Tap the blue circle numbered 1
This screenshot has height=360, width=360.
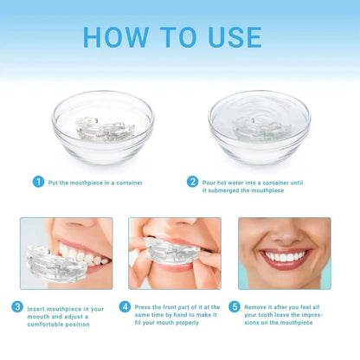coord(38,182)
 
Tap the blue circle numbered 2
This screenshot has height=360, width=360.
coord(192,182)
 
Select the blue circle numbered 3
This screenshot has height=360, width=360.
coord(17,305)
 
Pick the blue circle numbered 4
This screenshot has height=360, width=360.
coord(125,305)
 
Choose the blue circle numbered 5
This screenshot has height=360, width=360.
coord(235,305)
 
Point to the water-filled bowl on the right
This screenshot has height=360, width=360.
coord(260,125)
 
